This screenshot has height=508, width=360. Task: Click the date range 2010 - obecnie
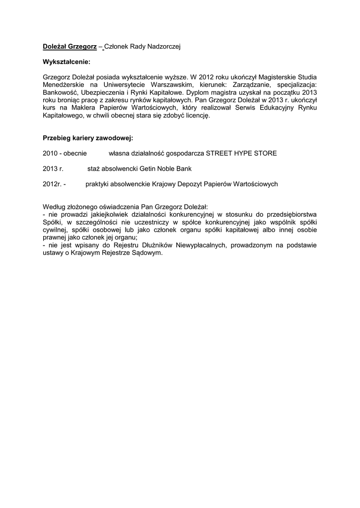point(65,154)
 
